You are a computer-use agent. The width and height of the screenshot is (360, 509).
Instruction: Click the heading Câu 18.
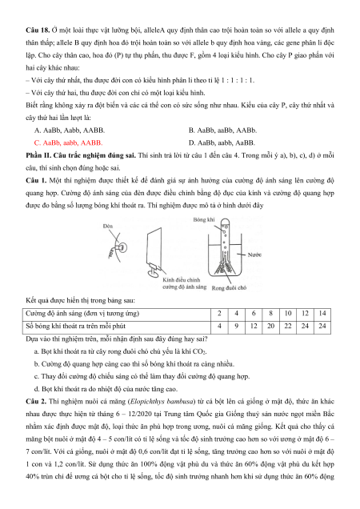pyautogui.click(x=38, y=30)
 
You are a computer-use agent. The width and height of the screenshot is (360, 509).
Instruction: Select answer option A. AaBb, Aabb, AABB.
pyautogui.click(x=70, y=130)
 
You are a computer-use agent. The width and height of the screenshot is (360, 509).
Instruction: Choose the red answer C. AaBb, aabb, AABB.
pyautogui.click(x=68, y=142)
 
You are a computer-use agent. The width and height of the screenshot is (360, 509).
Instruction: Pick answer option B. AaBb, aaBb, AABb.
pyautogui.click(x=222, y=130)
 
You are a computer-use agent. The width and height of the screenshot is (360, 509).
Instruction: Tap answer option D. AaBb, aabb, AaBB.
pyautogui.click(x=222, y=142)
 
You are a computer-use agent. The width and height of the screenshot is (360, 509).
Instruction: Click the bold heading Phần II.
pyautogui.click(x=38, y=155)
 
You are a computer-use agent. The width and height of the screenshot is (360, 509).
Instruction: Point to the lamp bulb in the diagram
pyautogui.click(x=122, y=248)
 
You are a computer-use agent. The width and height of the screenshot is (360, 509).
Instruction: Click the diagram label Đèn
pyautogui.click(x=108, y=226)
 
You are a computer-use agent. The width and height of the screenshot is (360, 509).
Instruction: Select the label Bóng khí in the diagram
pyautogui.click(x=203, y=219)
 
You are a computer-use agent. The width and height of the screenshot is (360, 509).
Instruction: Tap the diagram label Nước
pyautogui.click(x=254, y=254)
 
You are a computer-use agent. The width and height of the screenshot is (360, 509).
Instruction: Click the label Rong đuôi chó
pyautogui.click(x=229, y=287)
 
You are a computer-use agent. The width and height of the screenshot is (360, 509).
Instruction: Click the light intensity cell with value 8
pyautogui.click(x=270, y=314)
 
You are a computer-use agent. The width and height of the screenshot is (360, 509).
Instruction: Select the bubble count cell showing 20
pyautogui.click(x=270, y=327)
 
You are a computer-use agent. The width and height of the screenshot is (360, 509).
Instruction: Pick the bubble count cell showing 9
pyautogui.click(x=236, y=327)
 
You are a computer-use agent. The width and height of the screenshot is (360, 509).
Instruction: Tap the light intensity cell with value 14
pyautogui.click(x=322, y=314)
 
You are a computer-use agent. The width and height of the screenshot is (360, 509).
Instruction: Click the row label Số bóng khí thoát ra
pyautogui.click(x=75, y=326)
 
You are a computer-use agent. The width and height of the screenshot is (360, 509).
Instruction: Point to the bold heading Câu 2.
pyautogui.click(x=36, y=402)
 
